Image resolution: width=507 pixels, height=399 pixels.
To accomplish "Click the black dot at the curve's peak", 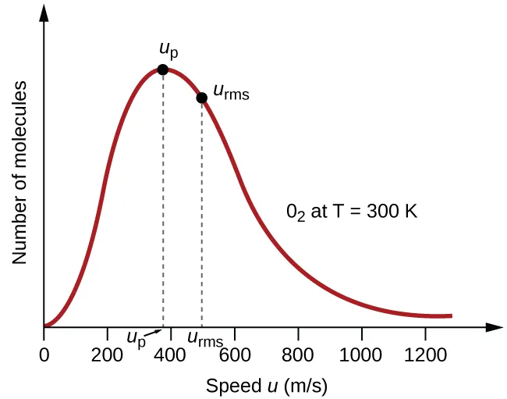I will (162, 69).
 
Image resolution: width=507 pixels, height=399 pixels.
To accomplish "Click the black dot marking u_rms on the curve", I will (202, 98).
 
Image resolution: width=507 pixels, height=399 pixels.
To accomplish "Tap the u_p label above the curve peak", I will (167, 51).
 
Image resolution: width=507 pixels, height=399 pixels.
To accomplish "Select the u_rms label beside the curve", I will (230, 93).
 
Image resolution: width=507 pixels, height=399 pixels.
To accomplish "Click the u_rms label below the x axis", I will (205, 340).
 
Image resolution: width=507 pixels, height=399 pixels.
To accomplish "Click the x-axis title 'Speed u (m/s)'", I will (267, 385).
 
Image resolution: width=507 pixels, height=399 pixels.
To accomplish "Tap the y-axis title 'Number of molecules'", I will (20, 172).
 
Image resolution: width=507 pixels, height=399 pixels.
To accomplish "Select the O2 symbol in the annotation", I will (296, 212).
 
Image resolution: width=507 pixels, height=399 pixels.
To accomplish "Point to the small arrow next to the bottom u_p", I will (154, 333).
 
